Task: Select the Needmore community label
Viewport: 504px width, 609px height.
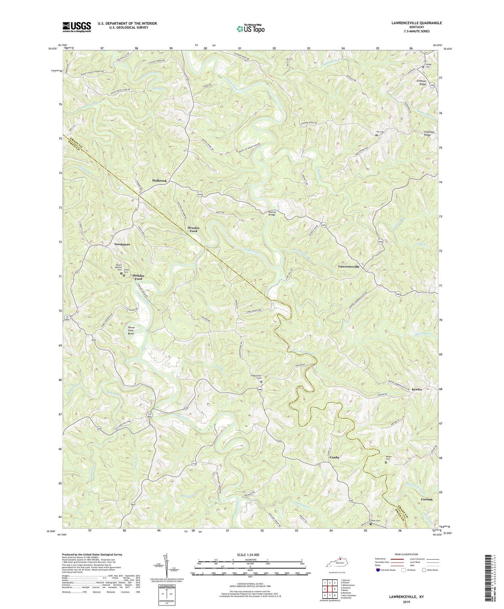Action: [122, 245]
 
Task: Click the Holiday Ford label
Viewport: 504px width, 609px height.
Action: [138, 277]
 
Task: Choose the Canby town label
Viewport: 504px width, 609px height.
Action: [334, 457]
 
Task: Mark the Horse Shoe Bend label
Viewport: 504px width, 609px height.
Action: [131, 331]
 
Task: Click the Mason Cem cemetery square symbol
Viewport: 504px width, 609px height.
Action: [386, 463]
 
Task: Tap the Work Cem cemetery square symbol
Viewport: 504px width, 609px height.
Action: [370, 524]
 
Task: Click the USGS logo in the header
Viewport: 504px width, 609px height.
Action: [77, 27]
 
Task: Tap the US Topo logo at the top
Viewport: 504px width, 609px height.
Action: [250, 29]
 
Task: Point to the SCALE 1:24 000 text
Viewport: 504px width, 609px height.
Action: [250, 555]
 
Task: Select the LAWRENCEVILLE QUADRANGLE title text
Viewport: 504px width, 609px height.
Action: [411, 23]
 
